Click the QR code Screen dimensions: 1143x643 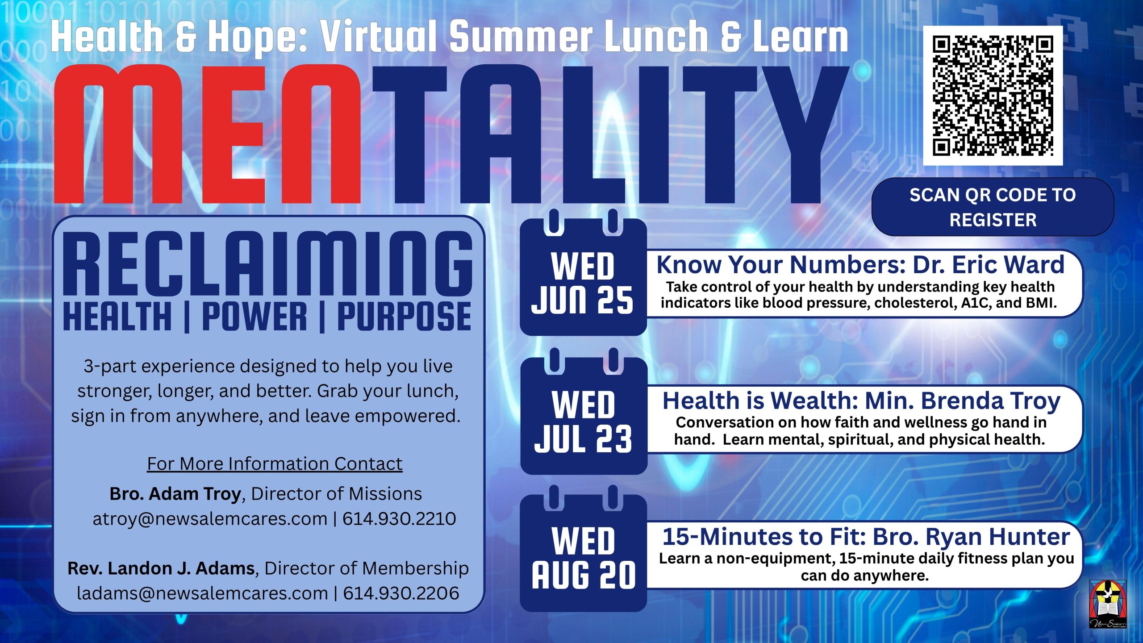(993, 96)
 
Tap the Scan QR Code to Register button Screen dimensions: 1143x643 (993, 207)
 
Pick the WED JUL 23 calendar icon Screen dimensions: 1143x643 (584, 411)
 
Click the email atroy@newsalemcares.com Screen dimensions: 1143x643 (210, 519)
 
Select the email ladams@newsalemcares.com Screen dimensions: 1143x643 (202, 593)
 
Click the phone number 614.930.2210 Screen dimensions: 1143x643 (399, 519)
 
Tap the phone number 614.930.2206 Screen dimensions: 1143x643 (401, 593)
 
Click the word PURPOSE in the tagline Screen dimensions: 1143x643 (404, 316)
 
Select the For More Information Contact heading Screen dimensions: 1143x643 (275, 463)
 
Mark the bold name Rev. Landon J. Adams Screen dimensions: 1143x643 (161, 568)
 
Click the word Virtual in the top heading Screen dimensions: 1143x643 (379, 37)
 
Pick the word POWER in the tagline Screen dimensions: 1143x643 (254, 316)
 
